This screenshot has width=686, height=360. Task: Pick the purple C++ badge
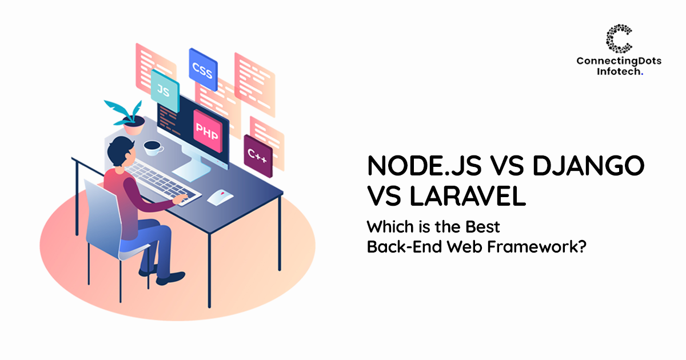[257, 153]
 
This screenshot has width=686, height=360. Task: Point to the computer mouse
[219, 198]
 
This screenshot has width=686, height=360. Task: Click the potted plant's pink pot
[133, 127]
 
